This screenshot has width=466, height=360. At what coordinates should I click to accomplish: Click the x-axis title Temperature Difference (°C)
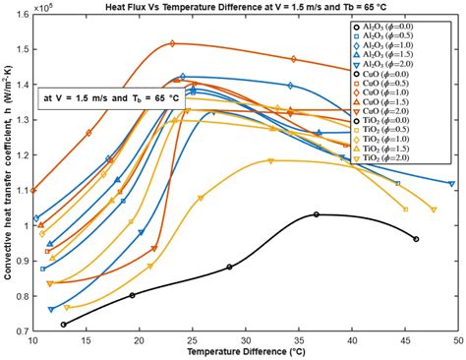pos(245,351)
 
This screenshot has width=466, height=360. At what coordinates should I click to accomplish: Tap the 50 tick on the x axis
pos(457,340)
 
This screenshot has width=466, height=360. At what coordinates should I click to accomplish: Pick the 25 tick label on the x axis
pos(193,340)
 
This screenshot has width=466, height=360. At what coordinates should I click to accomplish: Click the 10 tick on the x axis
pos(33,340)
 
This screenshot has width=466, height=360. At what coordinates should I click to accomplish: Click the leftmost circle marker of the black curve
pos(64,325)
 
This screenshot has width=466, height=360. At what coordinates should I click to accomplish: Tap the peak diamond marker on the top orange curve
pos(172,43)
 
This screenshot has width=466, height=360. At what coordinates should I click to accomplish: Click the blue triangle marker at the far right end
pos(451,184)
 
